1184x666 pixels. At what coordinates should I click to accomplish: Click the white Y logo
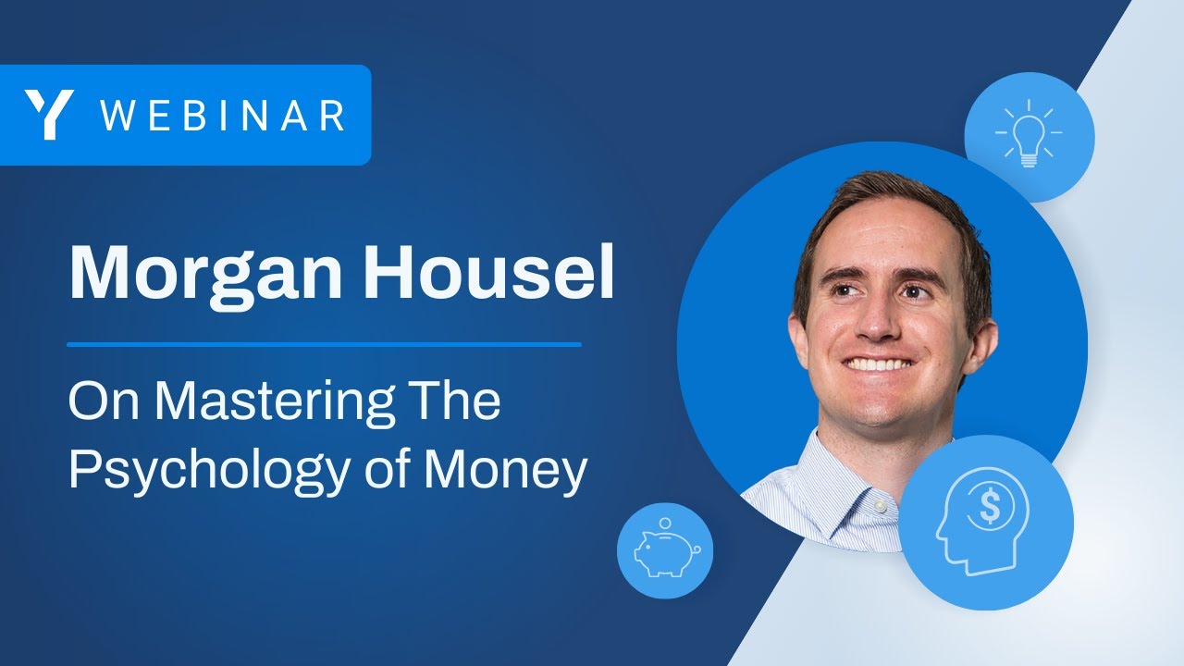[49, 115]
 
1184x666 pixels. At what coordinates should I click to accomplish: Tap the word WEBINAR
[222, 116]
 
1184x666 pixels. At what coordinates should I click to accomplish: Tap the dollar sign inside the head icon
[991, 505]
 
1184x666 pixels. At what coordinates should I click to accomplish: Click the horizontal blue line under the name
[324, 344]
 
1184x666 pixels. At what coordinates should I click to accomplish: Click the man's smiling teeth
[879, 364]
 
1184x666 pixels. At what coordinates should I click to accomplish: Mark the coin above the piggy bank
[664, 524]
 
